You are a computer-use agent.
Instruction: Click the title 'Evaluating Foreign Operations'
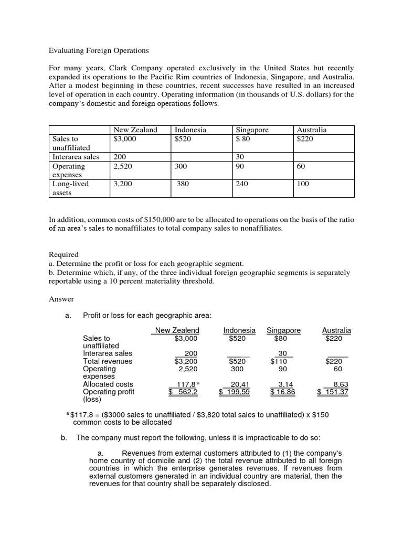click(x=99, y=51)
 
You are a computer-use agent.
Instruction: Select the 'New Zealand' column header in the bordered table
click(x=135, y=130)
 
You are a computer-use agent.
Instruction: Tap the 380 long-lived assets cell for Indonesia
click(x=183, y=184)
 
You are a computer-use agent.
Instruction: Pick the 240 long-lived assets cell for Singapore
click(x=242, y=184)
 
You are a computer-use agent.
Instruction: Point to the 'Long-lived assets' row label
click(x=71, y=188)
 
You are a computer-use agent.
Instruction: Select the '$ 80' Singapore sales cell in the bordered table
click(x=243, y=139)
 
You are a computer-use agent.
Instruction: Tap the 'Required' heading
click(x=63, y=254)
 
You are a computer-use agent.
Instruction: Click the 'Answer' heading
click(x=61, y=299)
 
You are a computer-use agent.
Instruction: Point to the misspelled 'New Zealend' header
click(x=177, y=330)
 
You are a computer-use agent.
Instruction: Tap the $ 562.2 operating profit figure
click(x=183, y=392)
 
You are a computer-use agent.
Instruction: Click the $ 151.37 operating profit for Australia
click(x=333, y=392)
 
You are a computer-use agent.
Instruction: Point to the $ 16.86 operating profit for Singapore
click(x=282, y=392)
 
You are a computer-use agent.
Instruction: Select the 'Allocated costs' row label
click(x=108, y=384)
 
